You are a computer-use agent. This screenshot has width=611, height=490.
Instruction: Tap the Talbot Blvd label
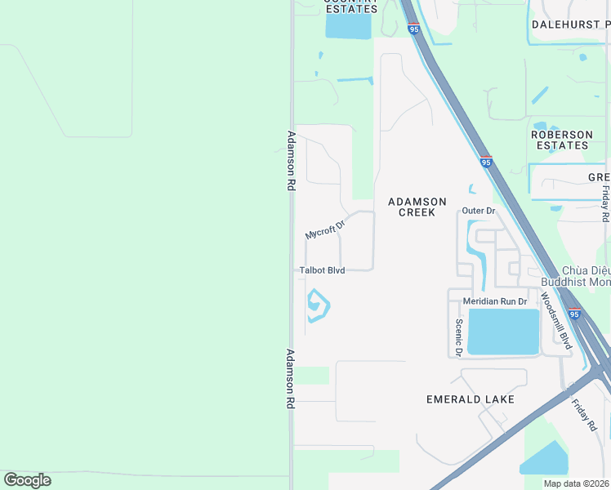point(322,270)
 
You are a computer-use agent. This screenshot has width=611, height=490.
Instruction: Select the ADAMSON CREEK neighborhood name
point(417,207)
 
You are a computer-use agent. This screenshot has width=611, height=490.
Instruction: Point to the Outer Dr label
point(479,211)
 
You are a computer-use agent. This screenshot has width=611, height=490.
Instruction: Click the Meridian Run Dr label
point(502,301)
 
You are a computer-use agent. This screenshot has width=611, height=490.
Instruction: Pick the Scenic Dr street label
point(458,337)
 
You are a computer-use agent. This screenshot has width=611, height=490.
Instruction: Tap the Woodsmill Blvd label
point(556,321)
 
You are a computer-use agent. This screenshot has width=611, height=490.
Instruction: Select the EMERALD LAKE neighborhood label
point(471,399)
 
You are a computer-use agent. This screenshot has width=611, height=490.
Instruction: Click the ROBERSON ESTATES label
point(561,140)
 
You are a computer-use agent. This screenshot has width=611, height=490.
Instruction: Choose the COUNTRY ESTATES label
point(350,7)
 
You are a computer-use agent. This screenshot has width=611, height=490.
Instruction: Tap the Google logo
point(27,480)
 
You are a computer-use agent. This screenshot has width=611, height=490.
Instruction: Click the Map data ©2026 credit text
point(575,483)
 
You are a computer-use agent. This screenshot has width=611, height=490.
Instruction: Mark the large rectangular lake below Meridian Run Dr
point(503,332)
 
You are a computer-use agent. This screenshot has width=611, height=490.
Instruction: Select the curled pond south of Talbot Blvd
point(317,306)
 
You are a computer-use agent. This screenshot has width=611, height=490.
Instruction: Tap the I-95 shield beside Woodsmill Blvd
point(574,314)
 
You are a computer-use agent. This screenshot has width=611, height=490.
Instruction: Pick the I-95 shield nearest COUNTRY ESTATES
point(414,29)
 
